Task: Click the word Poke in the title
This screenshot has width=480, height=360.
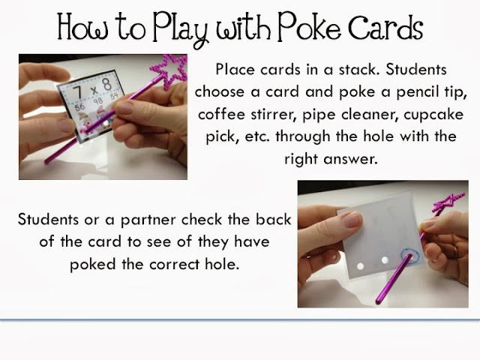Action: pyautogui.click(x=309, y=28)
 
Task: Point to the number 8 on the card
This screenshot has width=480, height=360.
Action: pyautogui.click(x=106, y=83)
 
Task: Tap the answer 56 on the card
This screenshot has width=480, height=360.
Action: pyautogui.click(x=79, y=106)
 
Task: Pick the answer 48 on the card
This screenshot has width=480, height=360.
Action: pyautogui.click(x=98, y=101)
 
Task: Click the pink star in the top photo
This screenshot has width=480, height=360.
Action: pyautogui.click(x=170, y=71)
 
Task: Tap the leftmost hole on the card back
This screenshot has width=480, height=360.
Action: pyautogui.click(x=360, y=266)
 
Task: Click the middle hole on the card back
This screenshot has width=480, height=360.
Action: pyautogui.click(x=385, y=260)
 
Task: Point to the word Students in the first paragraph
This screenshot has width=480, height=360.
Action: pyautogui.click(x=416, y=70)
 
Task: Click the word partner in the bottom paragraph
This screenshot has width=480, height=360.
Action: pyautogui.click(x=149, y=220)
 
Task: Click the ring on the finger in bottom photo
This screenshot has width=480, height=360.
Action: pyautogui.click(x=455, y=252)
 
